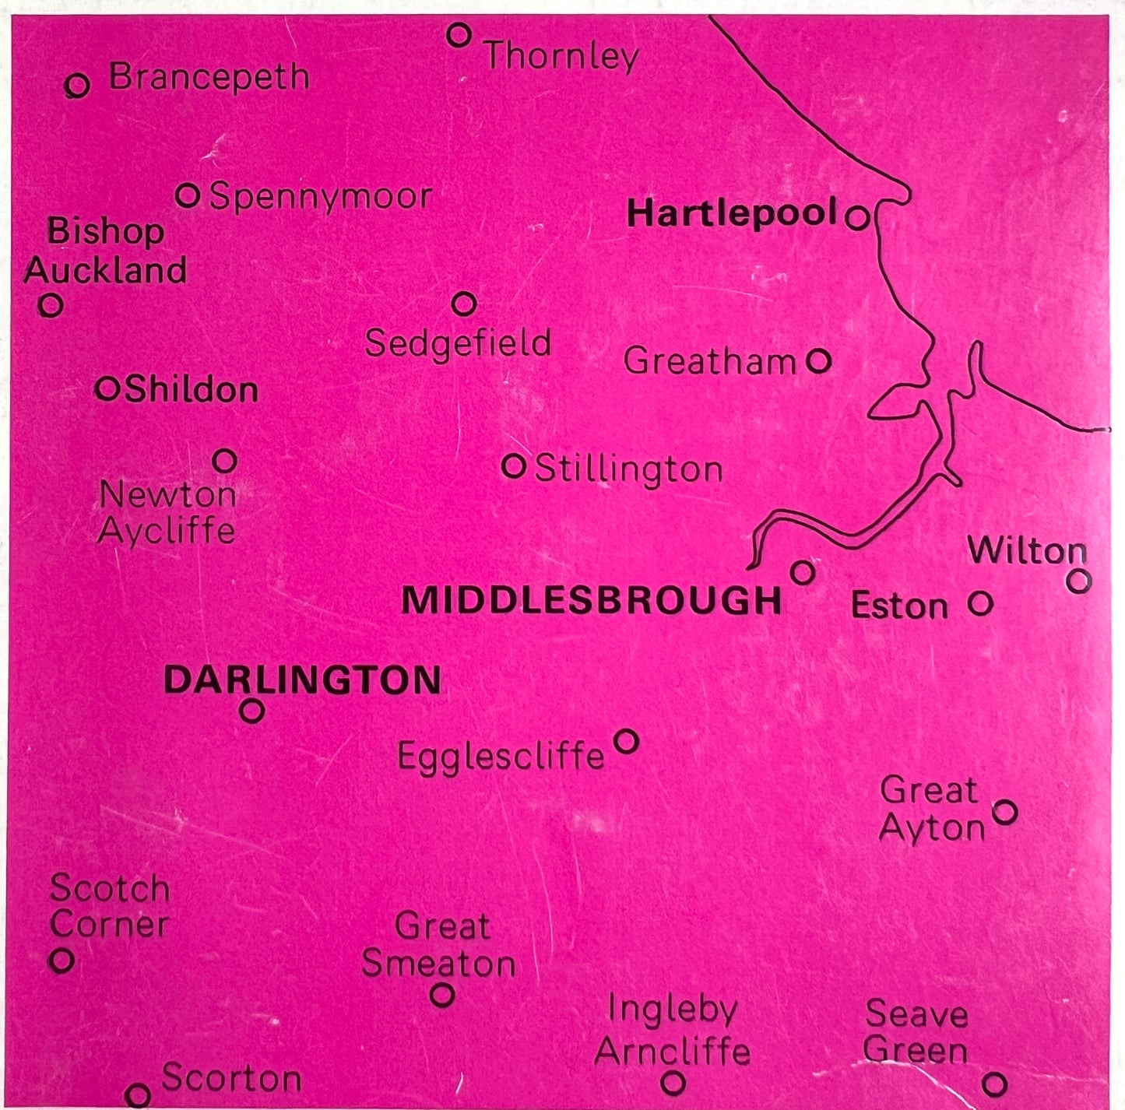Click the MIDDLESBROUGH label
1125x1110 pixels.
(x=591, y=600)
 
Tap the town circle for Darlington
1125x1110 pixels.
(x=251, y=711)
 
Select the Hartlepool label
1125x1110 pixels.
(x=732, y=213)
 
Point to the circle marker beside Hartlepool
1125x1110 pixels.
(x=857, y=217)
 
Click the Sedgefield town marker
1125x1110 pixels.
(x=464, y=304)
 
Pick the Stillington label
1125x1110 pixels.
(x=628, y=469)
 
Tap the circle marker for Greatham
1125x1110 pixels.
(x=818, y=360)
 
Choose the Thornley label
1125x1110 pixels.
(x=561, y=56)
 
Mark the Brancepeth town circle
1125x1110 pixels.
(x=77, y=85)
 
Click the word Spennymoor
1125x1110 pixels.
(x=321, y=197)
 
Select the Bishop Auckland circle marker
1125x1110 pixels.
(x=51, y=304)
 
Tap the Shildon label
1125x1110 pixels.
(x=191, y=389)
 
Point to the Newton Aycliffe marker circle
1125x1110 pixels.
(x=224, y=461)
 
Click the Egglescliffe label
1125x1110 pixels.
(x=501, y=756)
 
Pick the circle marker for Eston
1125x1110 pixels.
(x=980, y=602)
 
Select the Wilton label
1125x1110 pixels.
(x=1027, y=551)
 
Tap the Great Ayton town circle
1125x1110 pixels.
(x=1005, y=812)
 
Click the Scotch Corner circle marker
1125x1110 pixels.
(x=62, y=960)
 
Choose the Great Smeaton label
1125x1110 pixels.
(x=439, y=945)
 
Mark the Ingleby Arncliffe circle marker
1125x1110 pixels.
(x=673, y=1082)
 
